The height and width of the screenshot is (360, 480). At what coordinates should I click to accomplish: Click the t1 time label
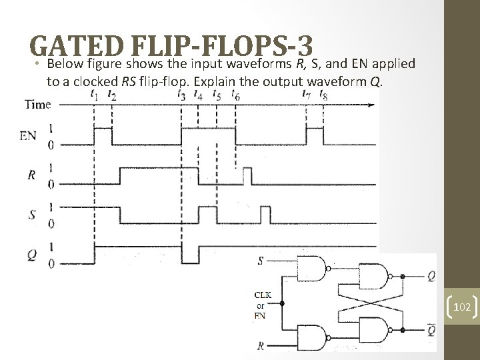tap(95, 96)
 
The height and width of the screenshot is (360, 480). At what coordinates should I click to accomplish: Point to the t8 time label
tap(323, 96)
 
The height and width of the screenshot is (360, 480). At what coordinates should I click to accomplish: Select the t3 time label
tap(181, 96)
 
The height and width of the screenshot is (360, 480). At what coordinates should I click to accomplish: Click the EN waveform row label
tap(28, 136)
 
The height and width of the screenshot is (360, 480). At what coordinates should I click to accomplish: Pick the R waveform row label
tap(31, 176)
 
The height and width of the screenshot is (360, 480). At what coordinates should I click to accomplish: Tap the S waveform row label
tap(31, 215)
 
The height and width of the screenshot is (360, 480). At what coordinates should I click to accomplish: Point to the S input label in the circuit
tap(260, 260)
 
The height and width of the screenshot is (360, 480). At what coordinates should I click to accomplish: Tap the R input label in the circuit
tap(260, 346)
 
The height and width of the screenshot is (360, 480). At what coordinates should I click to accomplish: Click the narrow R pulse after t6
tap(247, 177)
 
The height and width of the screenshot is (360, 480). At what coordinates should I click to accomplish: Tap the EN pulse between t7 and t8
tap(315, 134)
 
